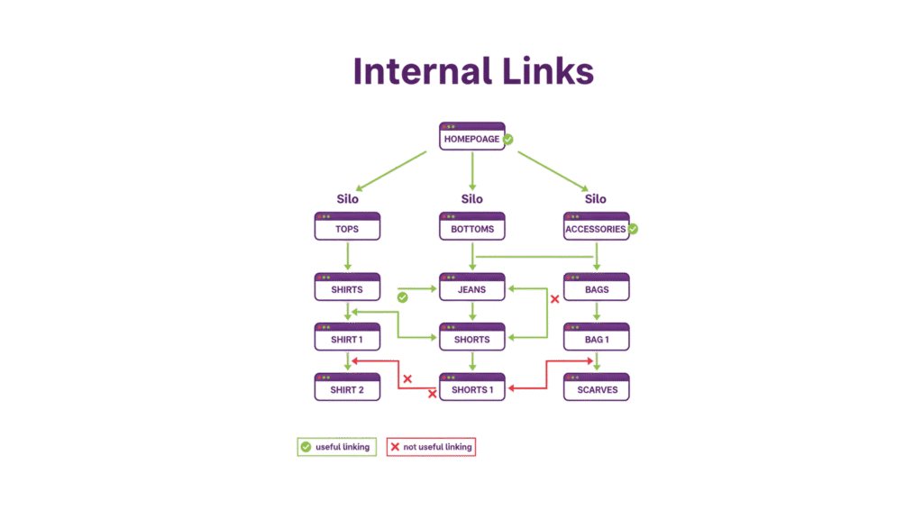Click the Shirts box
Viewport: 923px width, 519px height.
(347, 287)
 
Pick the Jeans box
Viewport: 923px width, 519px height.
(471, 287)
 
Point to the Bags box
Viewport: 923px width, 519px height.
(596, 287)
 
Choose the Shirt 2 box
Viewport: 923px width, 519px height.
(347, 387)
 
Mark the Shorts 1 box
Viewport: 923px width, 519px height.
(471, 387)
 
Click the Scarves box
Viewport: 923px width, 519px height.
(596, 387)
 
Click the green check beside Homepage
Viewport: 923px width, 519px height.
(508, 140)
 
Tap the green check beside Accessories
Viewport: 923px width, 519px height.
(633, 229)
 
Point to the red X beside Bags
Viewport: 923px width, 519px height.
(555, 299)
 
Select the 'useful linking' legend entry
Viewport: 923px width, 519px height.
(336, 447)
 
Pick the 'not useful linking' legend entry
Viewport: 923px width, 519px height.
(431, 447)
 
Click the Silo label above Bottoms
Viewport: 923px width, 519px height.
(471, 198)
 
